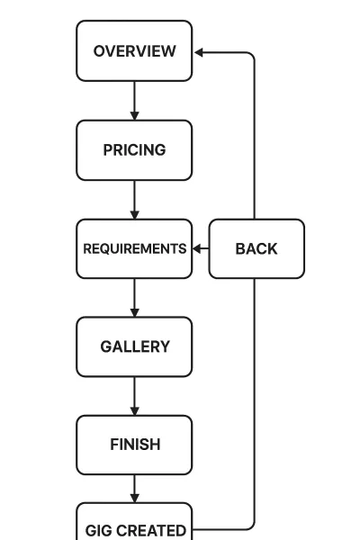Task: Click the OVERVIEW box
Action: tap(134, 51)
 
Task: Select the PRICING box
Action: tap(134, 150)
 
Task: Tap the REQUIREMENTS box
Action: tap(134, 248)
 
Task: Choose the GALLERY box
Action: tap(134, 346)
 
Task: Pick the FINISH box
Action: tap(134, 445)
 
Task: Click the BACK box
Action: tap(256, 248)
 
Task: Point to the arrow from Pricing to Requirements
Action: tap(134, 199)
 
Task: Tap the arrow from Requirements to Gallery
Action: tap(134, 297)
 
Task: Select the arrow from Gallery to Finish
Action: tap(134, 395)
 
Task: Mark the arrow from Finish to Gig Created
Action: tap(134, 489)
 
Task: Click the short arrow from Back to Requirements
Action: tap(201, 248)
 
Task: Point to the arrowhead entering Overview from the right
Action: tap(199, 52)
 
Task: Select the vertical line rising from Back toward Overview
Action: tap(255, 135)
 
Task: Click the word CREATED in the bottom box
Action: tap(149, 530)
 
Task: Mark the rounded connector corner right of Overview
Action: tap(251, 56)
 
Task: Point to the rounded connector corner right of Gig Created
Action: tap(251, 526)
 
